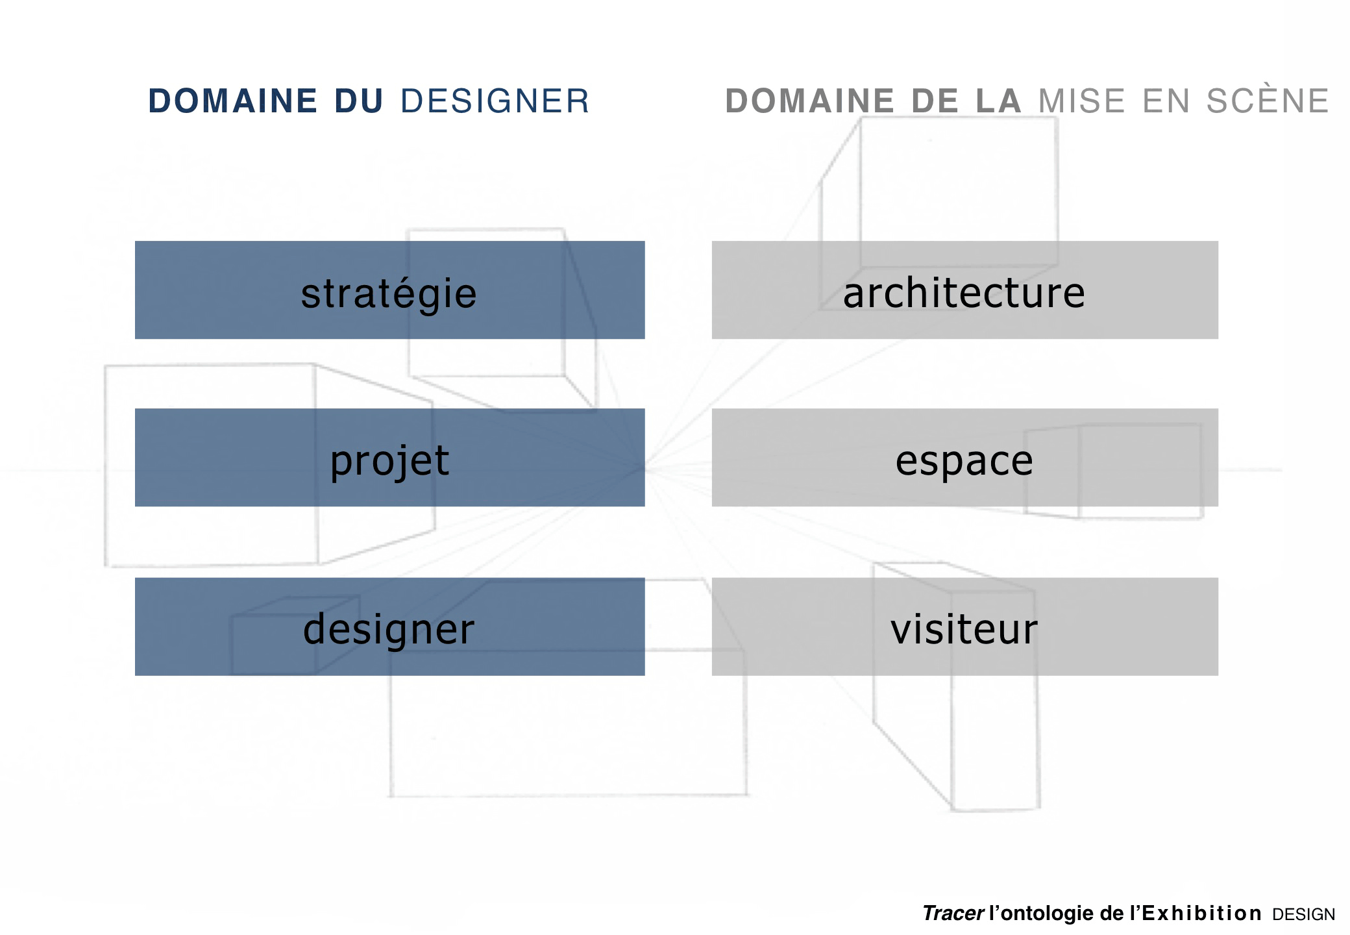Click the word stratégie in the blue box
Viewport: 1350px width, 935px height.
click(389, 294)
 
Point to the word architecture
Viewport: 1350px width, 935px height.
click(964, 293)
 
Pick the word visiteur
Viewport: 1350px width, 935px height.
click(964, 629)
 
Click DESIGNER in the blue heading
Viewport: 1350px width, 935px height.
click(495, 101)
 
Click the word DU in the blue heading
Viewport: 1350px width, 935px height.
click(359, 101)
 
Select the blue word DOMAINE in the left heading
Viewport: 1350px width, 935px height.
click(233, 101)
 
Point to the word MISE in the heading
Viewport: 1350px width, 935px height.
click(1082, 101)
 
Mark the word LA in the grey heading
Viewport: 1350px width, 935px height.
click(999, 101)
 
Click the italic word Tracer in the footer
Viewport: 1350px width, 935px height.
click(953, 914)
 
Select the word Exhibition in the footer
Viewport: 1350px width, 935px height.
click(1201, 914)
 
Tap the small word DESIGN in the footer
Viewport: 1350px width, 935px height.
click(1304, 915)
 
